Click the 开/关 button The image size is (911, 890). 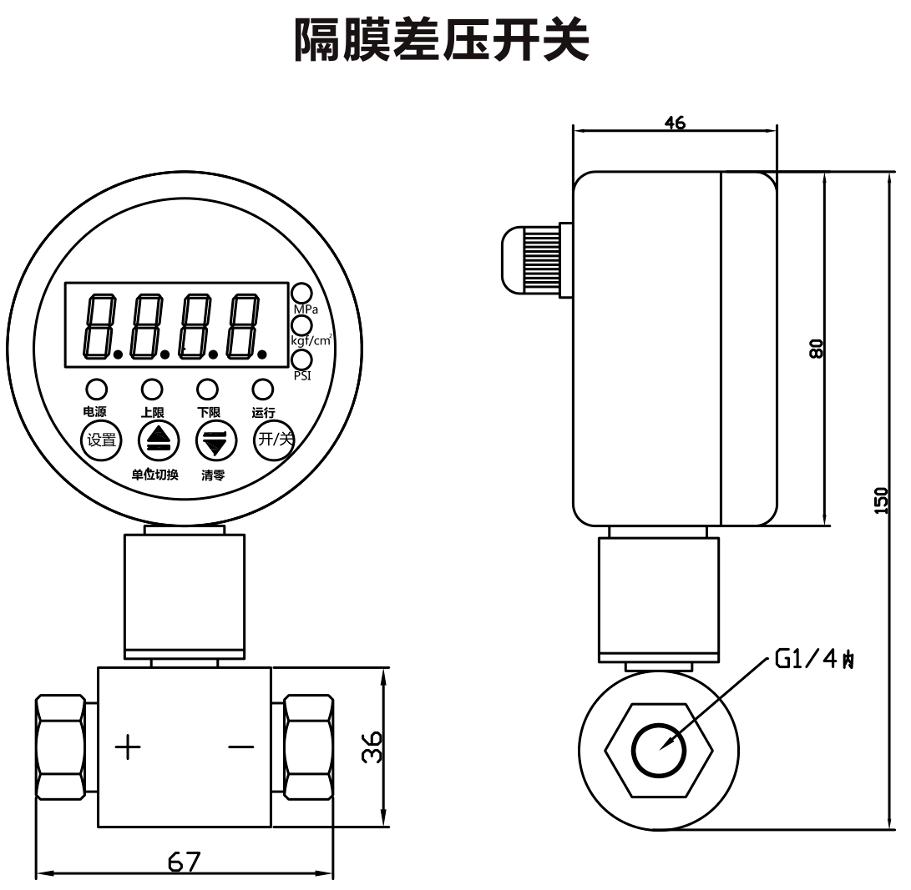275,440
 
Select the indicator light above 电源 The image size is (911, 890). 96,389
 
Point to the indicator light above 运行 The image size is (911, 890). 263,389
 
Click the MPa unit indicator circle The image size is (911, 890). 301,294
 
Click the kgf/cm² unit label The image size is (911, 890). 311,340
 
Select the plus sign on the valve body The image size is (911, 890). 128,747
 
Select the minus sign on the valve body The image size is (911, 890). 241,747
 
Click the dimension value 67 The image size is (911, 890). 184,861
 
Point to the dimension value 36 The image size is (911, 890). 373,747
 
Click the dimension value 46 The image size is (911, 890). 675,123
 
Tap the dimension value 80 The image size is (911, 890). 817,348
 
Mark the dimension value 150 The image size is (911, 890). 882,500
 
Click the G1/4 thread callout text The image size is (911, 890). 814,660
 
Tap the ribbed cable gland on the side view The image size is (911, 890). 528,259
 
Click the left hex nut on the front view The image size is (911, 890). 60,747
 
